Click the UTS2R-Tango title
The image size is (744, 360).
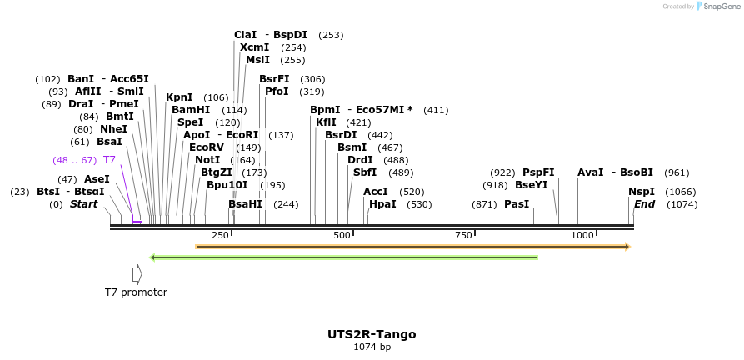coord(372,334)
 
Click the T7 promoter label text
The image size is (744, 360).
coord(136,292)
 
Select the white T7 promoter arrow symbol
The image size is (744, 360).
coord(137,273)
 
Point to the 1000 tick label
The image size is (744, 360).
coord(582,236)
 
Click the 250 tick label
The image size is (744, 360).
coord(220,236)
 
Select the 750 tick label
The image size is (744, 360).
coord(463,236)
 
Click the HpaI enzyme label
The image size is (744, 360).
coord(382,204)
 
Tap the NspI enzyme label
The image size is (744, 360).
coord(642,192)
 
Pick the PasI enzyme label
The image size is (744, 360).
coord(517,204)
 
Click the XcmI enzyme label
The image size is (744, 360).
coord(255,47)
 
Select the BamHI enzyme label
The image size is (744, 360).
coord(191,110)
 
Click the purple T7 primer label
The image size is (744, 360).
coord(109,160)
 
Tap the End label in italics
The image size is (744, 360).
coord(644,204)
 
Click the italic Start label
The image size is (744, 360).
coord(83,204)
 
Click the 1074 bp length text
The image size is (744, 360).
coord(372,347)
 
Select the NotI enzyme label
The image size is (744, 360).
coord(207,160)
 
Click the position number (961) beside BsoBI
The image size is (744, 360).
coord(677,172)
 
